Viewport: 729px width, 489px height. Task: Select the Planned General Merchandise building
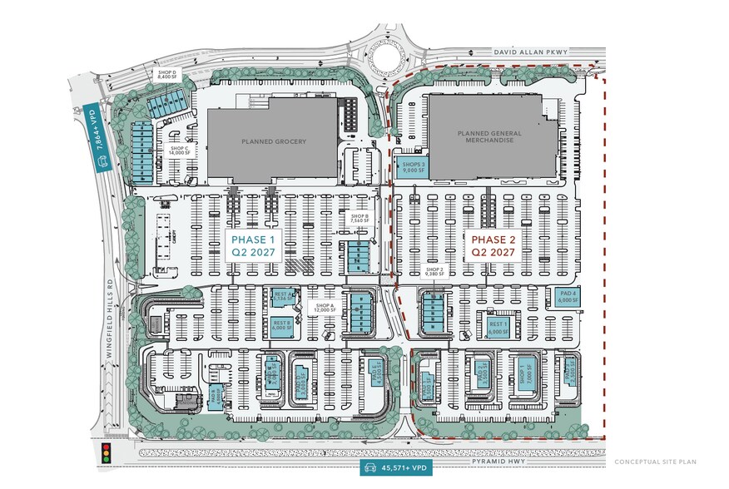pos(486,137)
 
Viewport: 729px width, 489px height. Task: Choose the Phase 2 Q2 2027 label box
pos(493,246)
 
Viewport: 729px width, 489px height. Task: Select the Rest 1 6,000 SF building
pos(498,327)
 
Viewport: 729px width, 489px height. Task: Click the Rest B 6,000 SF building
pos(281,325)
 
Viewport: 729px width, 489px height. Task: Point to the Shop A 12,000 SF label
pos(323,308)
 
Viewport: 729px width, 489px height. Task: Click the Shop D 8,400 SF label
pos(169,77)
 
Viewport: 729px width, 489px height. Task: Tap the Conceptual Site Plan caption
pos(655,462)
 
